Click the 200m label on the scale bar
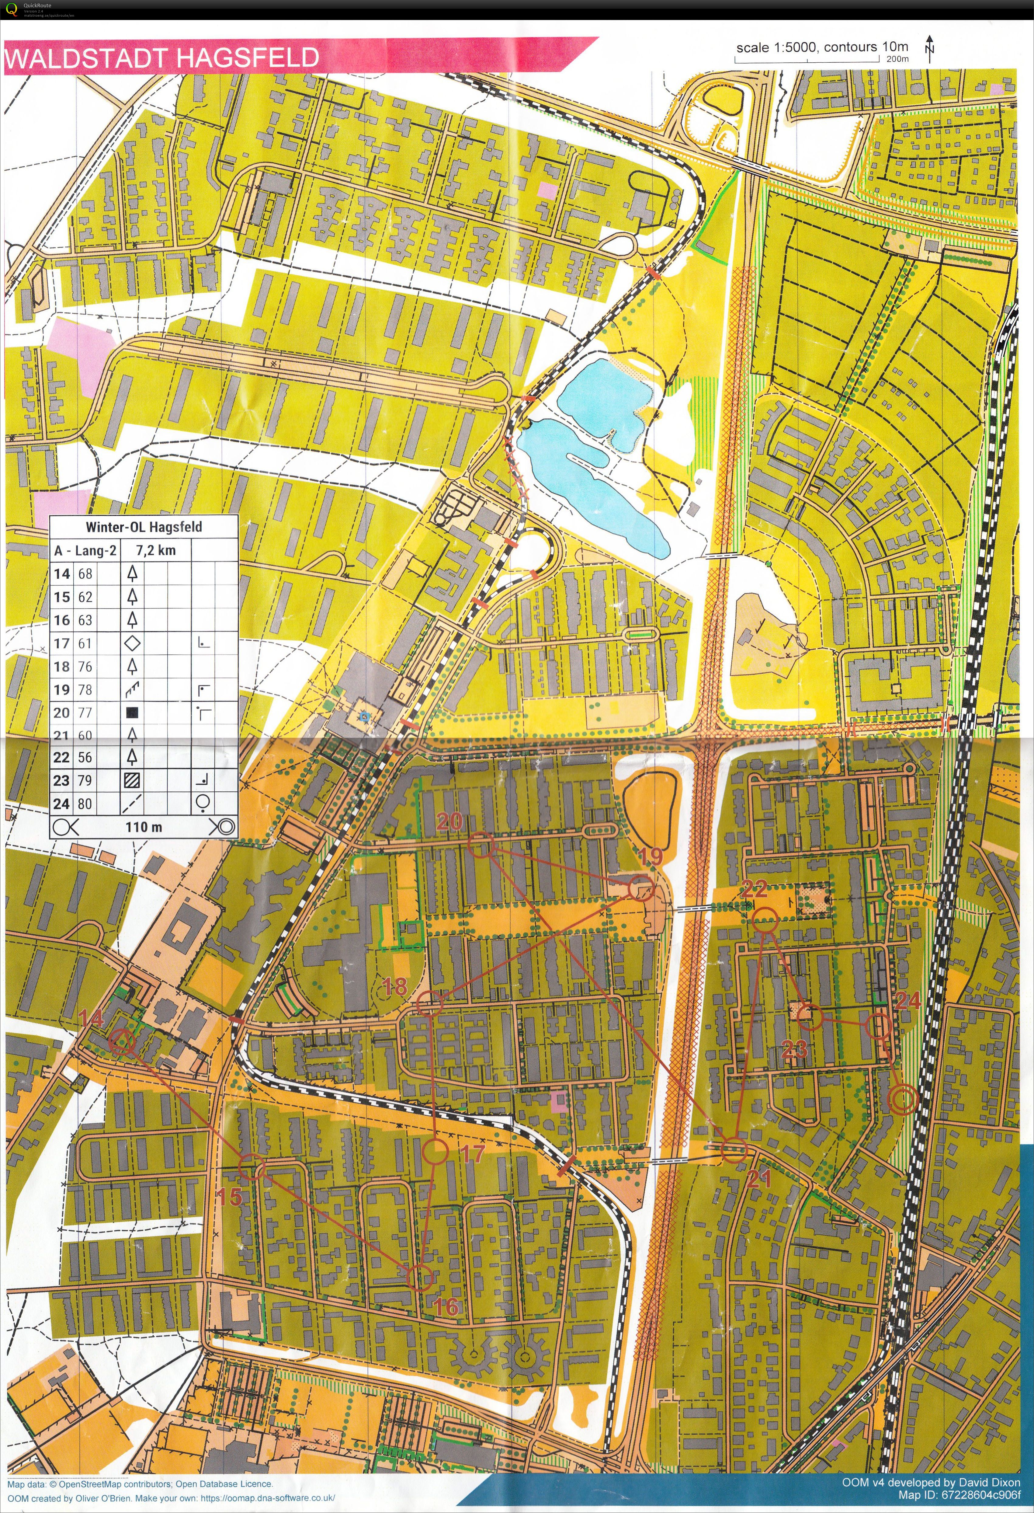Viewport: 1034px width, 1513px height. click(x=897, y=59)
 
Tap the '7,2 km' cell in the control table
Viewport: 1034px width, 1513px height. click(x=155, y=550)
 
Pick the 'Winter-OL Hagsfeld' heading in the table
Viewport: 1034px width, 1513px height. click(x=144, y=527)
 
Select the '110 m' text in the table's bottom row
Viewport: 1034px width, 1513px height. click(x=144, y=827)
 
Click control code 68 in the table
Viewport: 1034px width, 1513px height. click(x=85, y=573)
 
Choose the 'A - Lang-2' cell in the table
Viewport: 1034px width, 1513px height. click(x=85, y=550)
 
